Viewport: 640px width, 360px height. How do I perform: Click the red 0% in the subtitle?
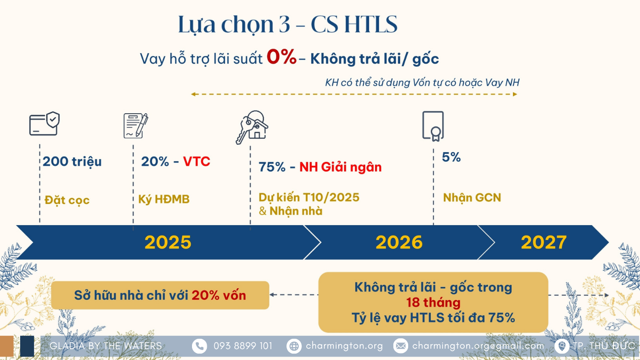(x=282, y=57)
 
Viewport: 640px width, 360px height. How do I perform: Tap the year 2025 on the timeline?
(x=168, y=242)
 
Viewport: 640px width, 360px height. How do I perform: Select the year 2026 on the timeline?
(x=399, y=242)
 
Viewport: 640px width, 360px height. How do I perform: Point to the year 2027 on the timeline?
(x=544, y=242)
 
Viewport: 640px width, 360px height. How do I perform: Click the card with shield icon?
(x=45, y=124)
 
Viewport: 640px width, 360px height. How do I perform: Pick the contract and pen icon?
(x=136, y=126)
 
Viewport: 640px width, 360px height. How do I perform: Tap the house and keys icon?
(x=252, y=127)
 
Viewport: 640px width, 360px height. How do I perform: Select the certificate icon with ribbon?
(x=433, y=126)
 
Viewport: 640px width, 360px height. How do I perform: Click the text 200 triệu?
(x=72, y=162)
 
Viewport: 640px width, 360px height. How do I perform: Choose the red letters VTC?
(x=196, y=162)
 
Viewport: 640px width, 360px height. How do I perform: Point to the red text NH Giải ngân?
(x=341, y=167)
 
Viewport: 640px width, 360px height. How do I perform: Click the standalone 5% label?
(x=451, y=157)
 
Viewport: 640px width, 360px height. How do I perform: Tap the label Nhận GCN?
(x=472, y=197)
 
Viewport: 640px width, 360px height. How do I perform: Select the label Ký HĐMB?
(x=164, y=199)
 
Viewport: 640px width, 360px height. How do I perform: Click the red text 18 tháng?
(x=433, y=302)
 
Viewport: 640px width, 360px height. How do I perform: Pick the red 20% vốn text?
(x=219, y=295)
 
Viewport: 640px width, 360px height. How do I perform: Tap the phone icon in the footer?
(x=199, y=346)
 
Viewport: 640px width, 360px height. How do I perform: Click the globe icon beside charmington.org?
(x=294, y=346)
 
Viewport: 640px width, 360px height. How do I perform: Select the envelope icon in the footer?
(x=401, y=346)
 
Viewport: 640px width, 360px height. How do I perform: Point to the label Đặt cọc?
(x=67, y=200)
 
